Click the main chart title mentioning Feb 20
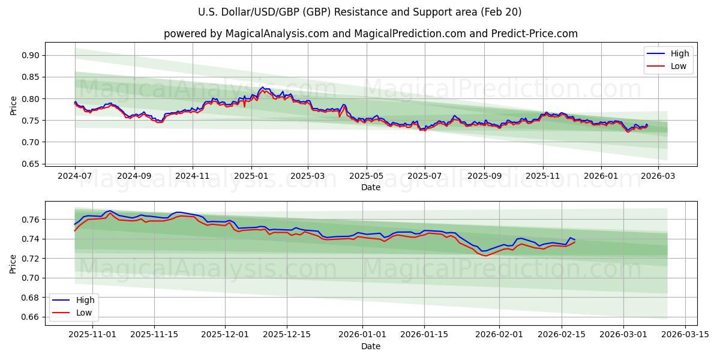(359, 12)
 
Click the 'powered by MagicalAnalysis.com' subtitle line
(370, 34)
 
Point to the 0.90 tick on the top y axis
(30, 55)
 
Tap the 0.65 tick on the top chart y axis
(30, 164)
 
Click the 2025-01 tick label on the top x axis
(251, 176)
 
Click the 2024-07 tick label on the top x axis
(75, 176)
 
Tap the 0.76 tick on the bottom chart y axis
(30, 220)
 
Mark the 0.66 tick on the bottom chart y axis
(30, 317)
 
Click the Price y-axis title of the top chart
(13, 106)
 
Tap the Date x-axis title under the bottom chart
(370, 346)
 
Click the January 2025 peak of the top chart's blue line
(262, 87)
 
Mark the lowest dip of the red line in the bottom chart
(485, 256)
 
